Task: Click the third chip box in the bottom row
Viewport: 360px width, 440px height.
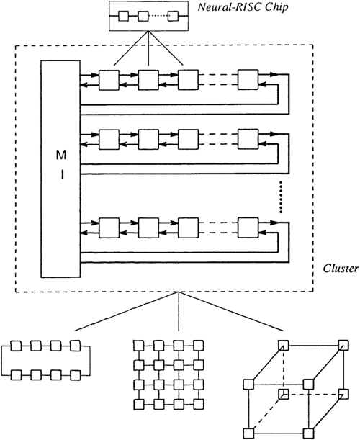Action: tap(189, 228)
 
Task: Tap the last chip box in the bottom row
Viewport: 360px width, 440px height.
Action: tap(249, 228)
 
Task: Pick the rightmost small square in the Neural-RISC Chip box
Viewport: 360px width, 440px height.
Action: tap(172, 14)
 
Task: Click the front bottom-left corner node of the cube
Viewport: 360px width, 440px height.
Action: tap(248, 432)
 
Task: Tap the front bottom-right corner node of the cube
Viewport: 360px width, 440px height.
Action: tap(310, 432)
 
